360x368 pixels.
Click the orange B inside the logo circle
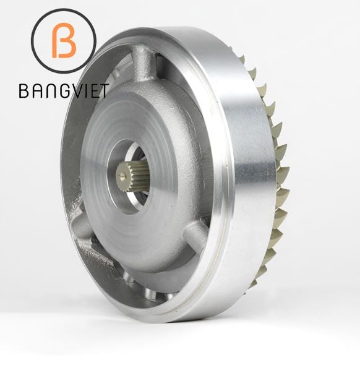point(64,42)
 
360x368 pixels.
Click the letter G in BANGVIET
point(58,92)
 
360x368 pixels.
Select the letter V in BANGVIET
point(71,92)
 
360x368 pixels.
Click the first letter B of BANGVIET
point(24,92)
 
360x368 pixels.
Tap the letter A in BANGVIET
point(35,92)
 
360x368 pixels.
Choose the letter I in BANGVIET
point(80,92)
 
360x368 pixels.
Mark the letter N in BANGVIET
point(46,92)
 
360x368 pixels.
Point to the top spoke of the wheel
point(142,65)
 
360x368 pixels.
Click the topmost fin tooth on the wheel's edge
point(242,59)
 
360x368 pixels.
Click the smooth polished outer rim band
point(244,186)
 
